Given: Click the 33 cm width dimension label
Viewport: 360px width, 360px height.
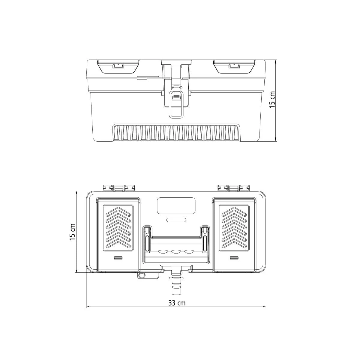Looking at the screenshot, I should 177,303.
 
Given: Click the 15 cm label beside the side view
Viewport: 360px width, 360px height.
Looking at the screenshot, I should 272,100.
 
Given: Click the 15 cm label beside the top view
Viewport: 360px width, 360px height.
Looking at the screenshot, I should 72,232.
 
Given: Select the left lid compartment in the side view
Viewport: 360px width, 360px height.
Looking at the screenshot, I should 118,66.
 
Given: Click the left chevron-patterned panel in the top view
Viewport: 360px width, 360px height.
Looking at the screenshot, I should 118,228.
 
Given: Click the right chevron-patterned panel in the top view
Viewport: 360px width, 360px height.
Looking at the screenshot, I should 234,228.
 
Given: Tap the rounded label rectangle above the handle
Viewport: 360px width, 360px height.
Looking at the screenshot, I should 176,205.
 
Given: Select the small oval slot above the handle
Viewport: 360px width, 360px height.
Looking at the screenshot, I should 176,220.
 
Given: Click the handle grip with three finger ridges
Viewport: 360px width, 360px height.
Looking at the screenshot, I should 176,252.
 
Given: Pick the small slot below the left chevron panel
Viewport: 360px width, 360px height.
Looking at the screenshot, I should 118,258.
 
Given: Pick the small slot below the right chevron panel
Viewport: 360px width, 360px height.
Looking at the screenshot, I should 234,258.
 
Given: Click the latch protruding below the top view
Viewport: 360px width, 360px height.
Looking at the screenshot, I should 176,282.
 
